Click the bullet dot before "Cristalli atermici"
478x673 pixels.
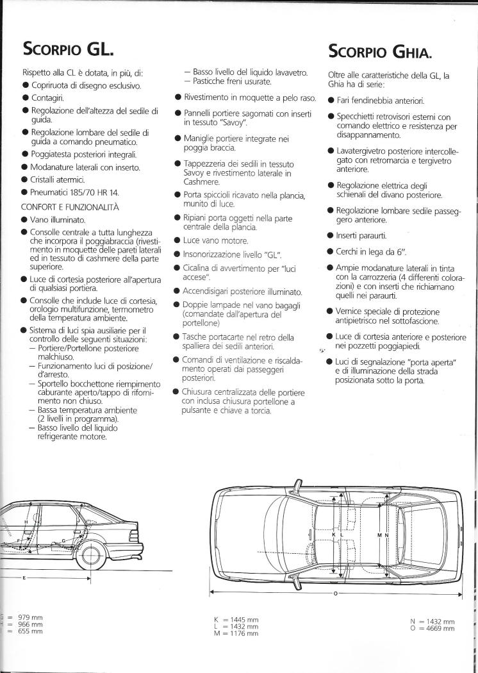tap(24, 179)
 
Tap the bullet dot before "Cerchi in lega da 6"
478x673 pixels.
tap(329, 251)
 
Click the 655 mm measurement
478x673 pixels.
tap(30, 631)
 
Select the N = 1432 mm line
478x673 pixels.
tap(433, 621)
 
